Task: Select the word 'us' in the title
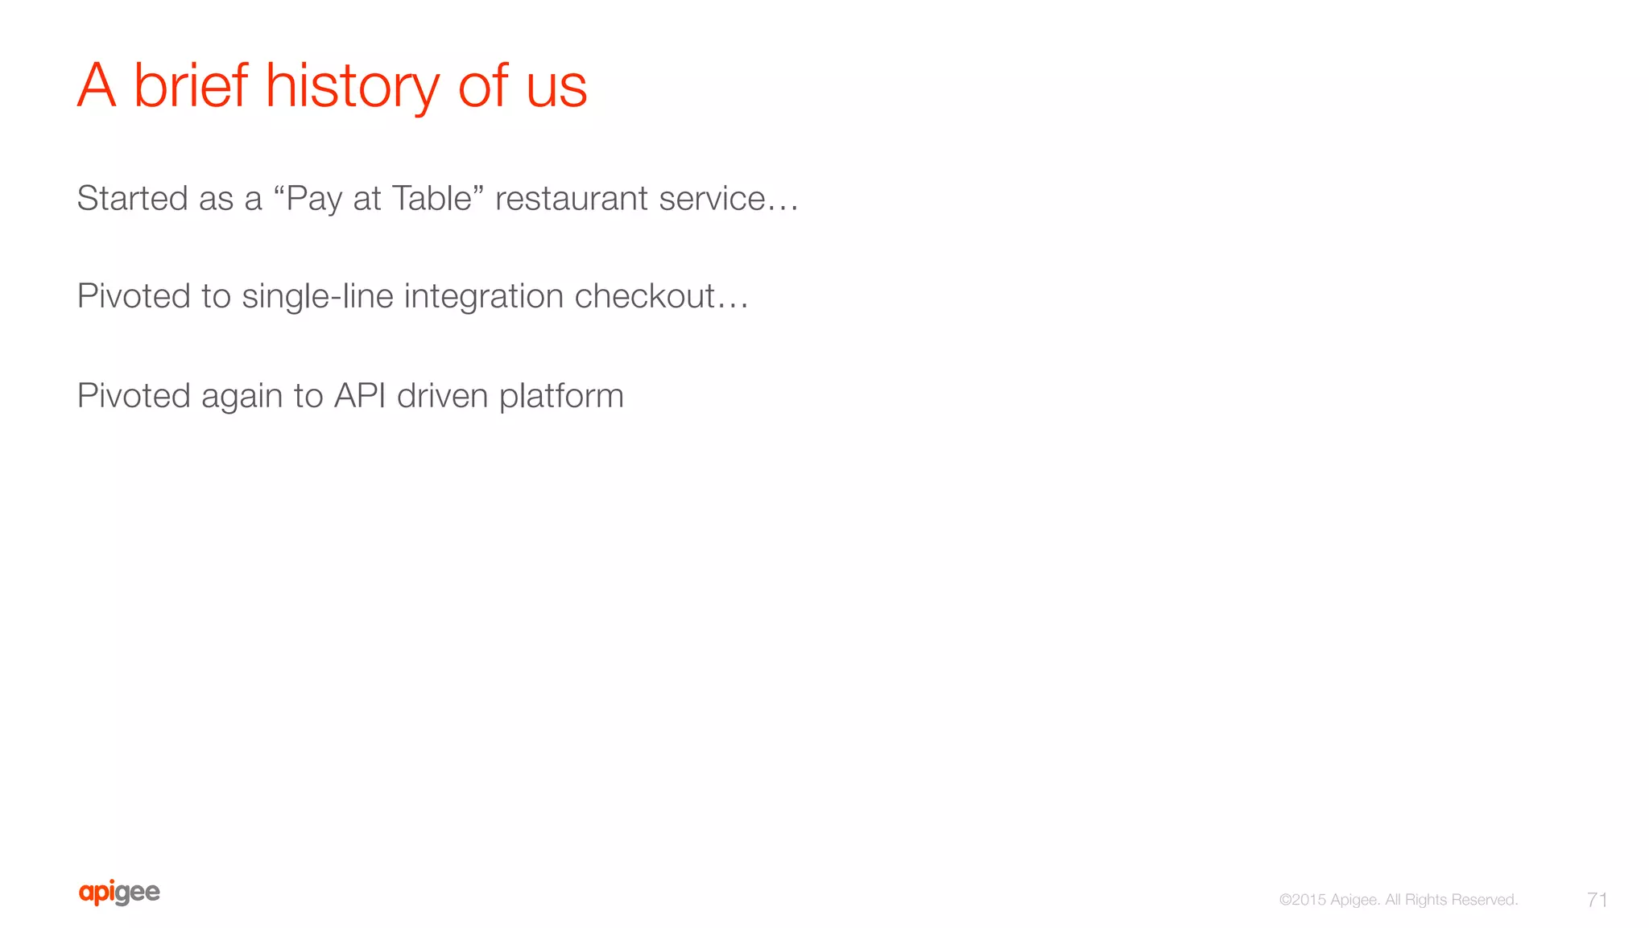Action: pos(556,87)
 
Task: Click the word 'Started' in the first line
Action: pos(132,198)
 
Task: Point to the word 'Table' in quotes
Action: pos(432,198)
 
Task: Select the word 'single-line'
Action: pos(317,296)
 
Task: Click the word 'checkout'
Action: pos(644,296)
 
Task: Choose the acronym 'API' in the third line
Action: pos(360,395)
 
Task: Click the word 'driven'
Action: pos(442,395)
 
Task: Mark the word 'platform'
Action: pos(561,396)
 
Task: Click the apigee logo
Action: pos(119,893)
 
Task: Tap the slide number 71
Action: pos(1597,899)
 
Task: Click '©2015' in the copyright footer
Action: pos(1302,900)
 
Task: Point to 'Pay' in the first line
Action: pos(313,199)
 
